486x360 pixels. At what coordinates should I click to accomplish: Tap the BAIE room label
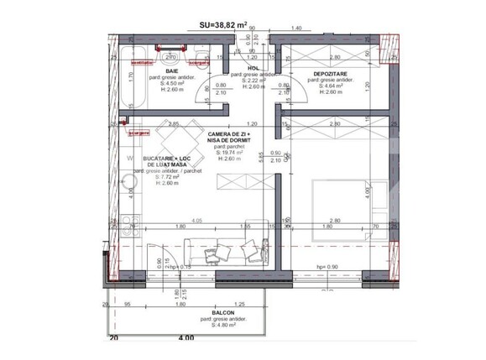(x=172, y=71)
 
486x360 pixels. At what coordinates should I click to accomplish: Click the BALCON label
(x=212, y=312)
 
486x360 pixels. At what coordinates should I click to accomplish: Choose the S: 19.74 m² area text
(x=229, y=152)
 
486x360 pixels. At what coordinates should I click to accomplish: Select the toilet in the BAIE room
(x=200, y=59)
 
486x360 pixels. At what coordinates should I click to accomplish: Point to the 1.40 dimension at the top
(x=295, y=29)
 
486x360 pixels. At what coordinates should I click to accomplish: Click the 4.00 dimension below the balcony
(x=185, y=338)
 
